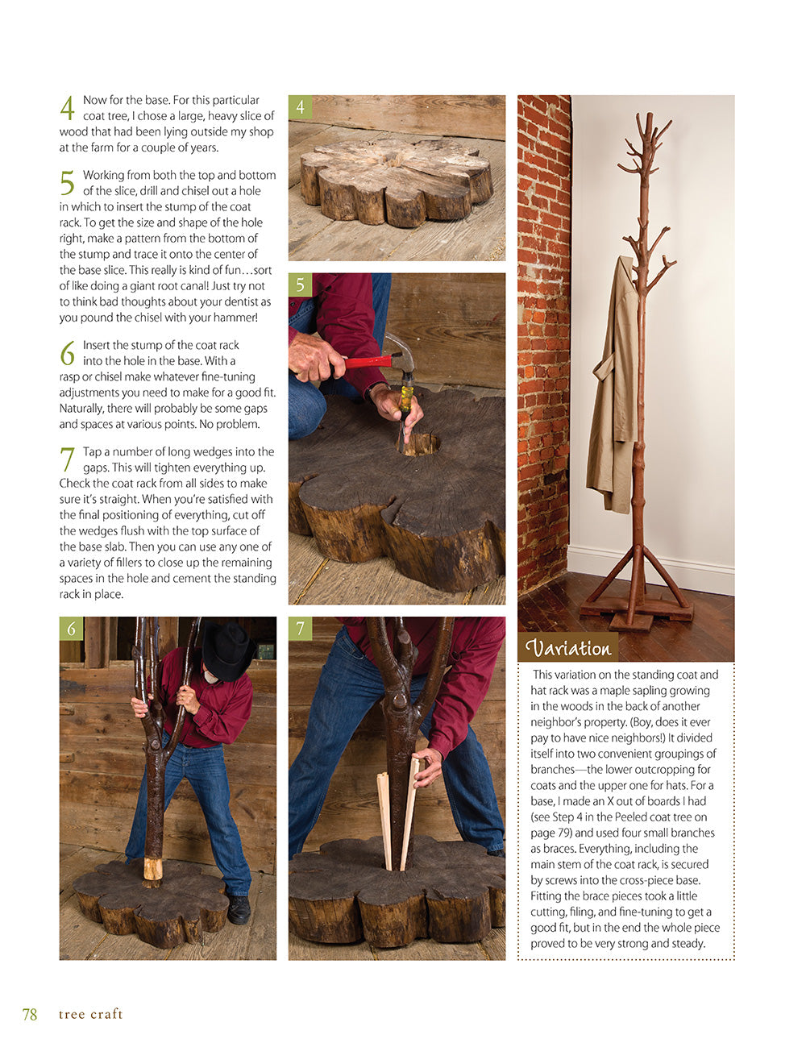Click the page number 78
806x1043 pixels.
pos(30,1014)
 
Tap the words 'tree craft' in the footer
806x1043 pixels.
pos(90,1014)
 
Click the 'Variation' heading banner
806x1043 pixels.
pos(568,648)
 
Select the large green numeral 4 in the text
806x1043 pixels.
pos(67,109)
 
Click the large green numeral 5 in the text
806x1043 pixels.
pos(67,184)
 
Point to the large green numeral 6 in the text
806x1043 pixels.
pos(67,353)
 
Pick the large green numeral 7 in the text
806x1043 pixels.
pos(67,460)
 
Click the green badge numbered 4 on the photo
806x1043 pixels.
pos(300,107)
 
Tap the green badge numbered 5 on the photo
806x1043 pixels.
pos(300,285)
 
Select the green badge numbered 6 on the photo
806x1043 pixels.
pos(71,629)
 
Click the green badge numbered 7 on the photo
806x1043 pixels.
pos(300,629)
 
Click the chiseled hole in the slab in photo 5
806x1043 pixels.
pos(421,443)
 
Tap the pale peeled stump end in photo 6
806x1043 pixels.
pos(152,869)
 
